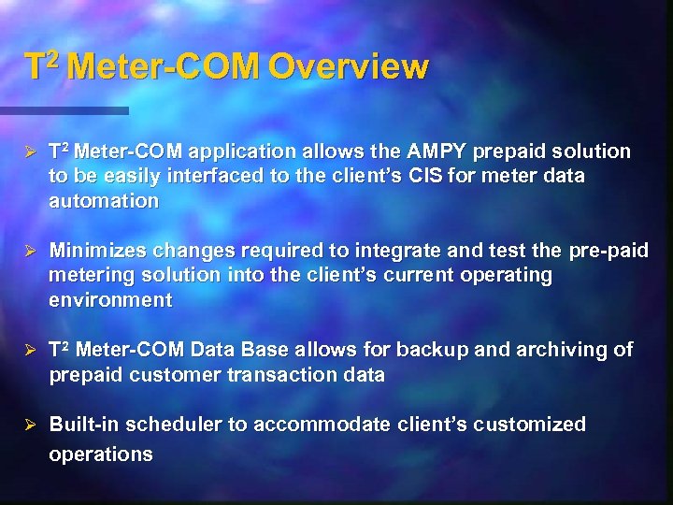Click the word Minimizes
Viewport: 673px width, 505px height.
click(x=94, y=251)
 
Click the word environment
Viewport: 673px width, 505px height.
click(x=110, y=300)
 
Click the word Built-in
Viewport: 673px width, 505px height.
click(x=82, y=425)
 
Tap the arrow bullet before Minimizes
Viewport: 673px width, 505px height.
click(x=30, y=252)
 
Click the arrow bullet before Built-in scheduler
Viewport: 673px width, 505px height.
click(x=30, y=426)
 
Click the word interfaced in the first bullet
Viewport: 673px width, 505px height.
click(x=214, y=176)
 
